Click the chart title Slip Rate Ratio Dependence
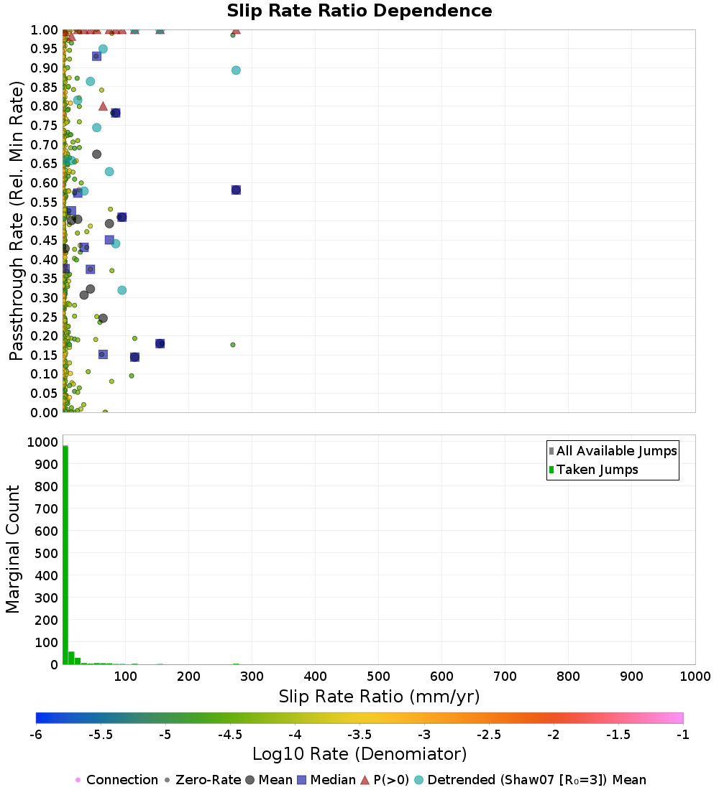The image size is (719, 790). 359,11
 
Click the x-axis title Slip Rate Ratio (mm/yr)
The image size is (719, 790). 379,697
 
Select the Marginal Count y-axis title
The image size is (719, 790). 14,549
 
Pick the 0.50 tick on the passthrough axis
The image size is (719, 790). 45,220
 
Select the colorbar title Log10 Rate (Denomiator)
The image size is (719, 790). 359,754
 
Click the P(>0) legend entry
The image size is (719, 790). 385,780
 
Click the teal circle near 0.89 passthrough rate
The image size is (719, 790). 236,70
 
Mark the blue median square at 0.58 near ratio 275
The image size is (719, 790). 236,190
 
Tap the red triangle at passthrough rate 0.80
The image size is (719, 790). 103,106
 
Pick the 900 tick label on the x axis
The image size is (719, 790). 632,677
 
